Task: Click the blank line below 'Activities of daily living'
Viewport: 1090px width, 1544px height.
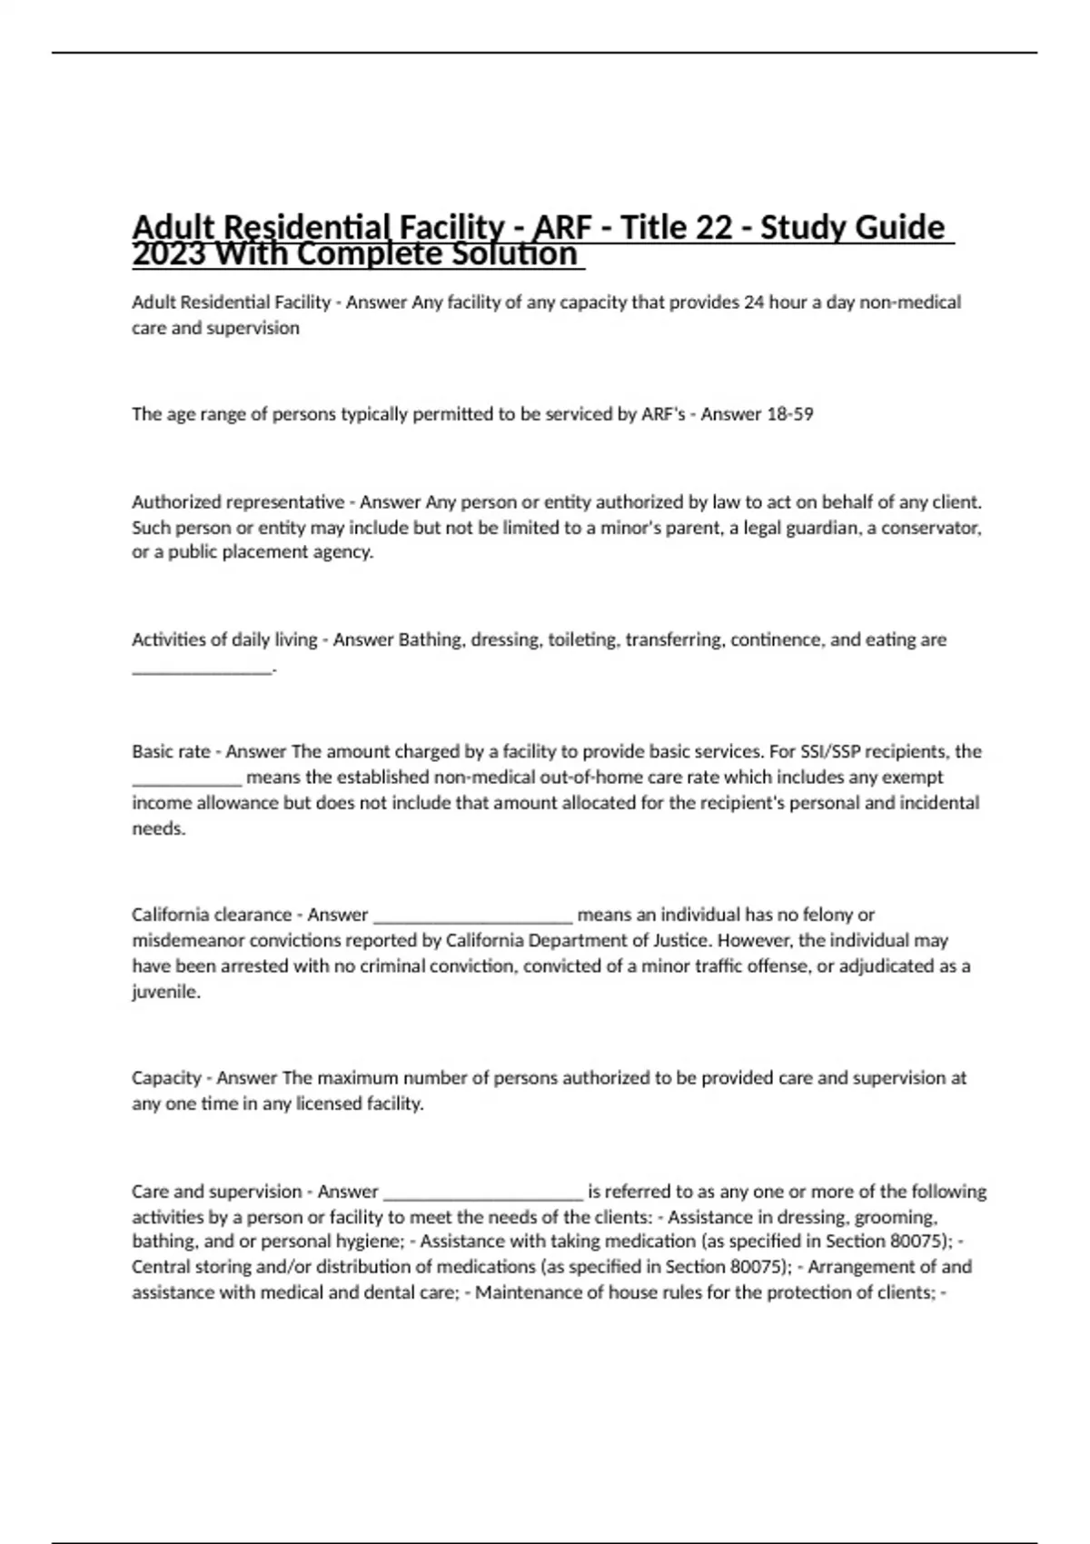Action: pos(202,668)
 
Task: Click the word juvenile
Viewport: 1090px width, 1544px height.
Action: pos(165,992)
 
